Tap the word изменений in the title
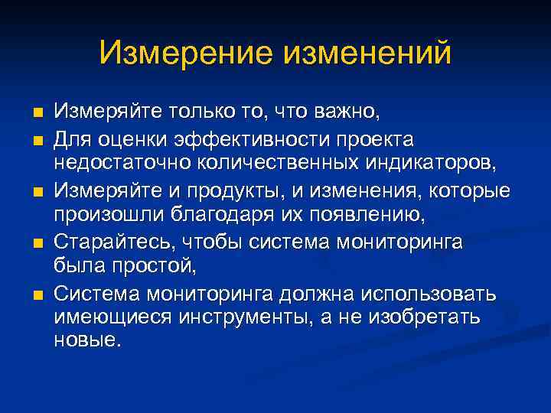[368, 53]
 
